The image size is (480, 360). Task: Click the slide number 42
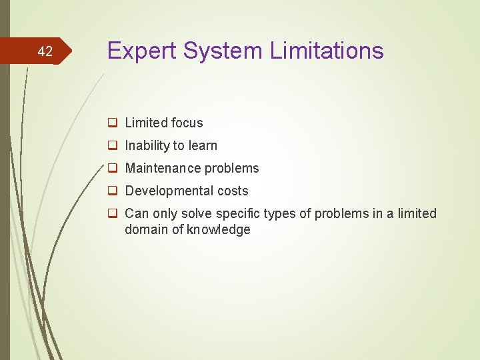(45, 51)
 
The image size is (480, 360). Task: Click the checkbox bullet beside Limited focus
(113, 123)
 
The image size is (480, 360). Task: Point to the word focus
(187, 123)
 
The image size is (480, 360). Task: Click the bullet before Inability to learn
(113, 146)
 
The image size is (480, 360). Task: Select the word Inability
(148, 145)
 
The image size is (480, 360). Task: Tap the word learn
(202, 145)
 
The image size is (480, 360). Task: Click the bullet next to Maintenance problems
(113, 169)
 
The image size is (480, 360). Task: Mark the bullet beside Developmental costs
(113, 191)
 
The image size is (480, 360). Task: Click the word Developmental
(169, 191)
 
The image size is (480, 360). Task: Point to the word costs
(233, 191)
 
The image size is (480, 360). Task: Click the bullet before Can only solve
(113, 214)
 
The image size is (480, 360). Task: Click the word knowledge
(219, 229)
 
